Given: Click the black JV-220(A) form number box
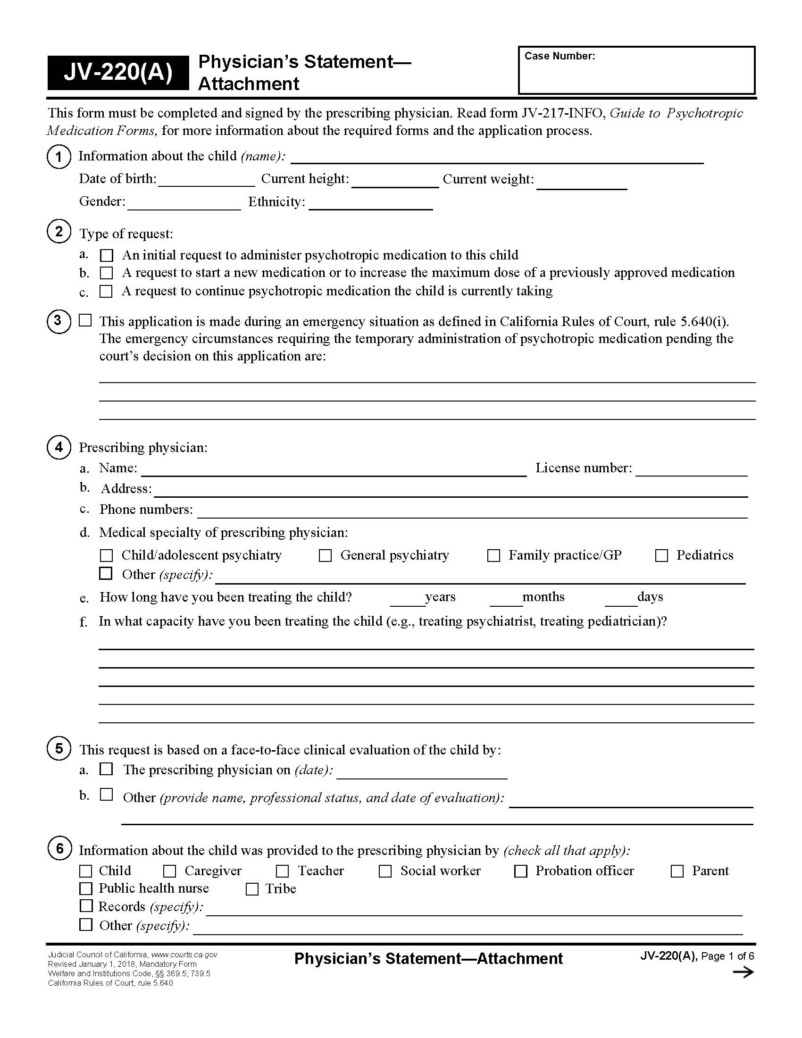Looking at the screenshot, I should coord(118,73).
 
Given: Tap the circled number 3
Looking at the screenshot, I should coord(58,321).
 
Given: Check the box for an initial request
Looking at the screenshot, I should coord(107,256).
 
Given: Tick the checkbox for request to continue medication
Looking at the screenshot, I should coord(106,291).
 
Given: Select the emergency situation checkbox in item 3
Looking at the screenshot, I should coord(85,320).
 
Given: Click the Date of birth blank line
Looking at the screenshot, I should coord(206,181).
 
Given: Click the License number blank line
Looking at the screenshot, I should coord(691,469).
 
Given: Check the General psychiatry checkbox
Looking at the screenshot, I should coord(325,556).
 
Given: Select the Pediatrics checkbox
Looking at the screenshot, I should coord(661,556).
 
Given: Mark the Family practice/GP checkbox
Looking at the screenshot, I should coord(493,556).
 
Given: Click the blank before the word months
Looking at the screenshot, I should coord(506,600).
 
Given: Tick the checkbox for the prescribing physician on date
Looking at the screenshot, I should coord(106,770).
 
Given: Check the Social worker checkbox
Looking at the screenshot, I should coord(385,871).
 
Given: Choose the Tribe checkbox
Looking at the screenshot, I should coord(252,889).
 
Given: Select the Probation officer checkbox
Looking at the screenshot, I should coord(521,871).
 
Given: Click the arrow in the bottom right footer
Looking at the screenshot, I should coord(743,972).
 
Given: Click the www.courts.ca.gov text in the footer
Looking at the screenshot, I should coord(184,954).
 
